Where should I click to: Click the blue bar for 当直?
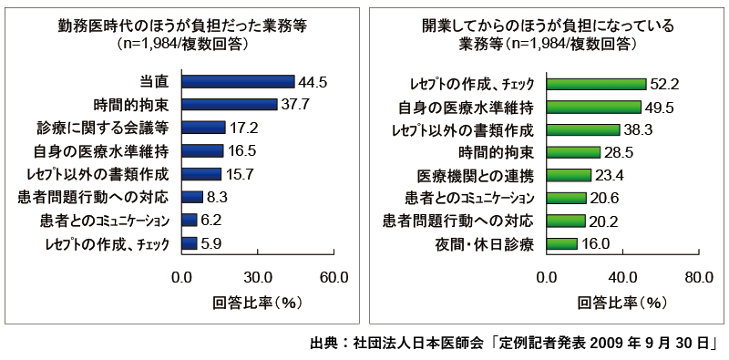pyautogui.click(x=238, y=82)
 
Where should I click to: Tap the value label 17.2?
pyautogui.click(x=243, y=127)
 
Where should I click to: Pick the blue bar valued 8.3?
pyautogui.click(x=191, y=196)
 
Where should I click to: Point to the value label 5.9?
pyautogui.click(x=213, y=243)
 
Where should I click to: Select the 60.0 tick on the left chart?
pyautogui.click(x=334, y=278)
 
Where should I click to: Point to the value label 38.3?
pyautogui.click(x=639, y=129)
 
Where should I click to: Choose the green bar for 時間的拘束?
pyautogui.click(x=573, y=151)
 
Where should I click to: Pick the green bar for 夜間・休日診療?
pyautogui.click(x=561, y=243)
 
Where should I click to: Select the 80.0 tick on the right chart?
pyautogui.click(x=698, y=278)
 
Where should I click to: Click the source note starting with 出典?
pyautogui.click(x=516, y=345)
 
